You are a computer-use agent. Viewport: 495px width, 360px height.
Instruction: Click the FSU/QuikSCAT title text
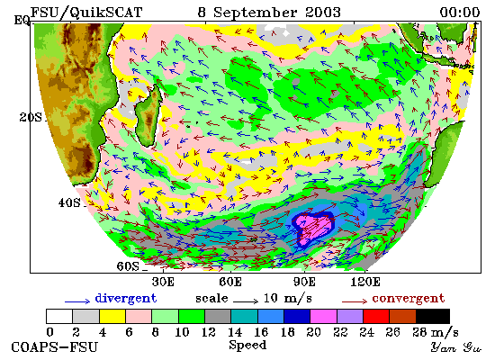click(x=86, y=13)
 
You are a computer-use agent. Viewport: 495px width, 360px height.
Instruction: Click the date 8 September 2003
click(x=269, y=13)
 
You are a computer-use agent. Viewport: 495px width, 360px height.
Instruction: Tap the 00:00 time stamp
click(x=460, y=13)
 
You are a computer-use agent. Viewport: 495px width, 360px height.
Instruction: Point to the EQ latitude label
click(x=22, y=21)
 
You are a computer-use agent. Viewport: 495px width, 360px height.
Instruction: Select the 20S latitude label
click(x=31, y=117)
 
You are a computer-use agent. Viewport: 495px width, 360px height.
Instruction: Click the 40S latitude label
click(x=69, y=202)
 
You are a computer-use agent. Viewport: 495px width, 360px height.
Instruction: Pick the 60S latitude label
click(x=128, y=266)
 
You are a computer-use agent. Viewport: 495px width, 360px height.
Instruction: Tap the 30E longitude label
click(x=163, y=282)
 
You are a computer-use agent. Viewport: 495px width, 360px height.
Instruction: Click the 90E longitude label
click(x=304, y=282)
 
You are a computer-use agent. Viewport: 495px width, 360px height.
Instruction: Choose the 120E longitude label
click(x=365, y=282)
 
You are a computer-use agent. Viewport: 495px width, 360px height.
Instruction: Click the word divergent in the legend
click(x=126, y=299)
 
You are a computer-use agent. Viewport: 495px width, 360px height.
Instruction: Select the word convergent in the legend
click(x=409, y=299)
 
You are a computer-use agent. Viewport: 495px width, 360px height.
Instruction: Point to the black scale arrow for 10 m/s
click(x=246, y=301)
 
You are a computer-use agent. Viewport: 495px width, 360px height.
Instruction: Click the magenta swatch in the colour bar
click(x=324, y=317)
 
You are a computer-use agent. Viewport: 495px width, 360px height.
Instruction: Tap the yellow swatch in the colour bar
click(x=112, y=317)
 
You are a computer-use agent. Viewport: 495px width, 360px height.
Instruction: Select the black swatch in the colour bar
click(x=433, y=317)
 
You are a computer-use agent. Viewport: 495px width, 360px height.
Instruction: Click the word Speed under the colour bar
click(x=247, y=346)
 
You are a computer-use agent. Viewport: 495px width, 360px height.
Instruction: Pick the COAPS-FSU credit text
click(x=54, y=347)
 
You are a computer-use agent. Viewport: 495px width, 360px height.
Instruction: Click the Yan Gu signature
click(x=456, y=347)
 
